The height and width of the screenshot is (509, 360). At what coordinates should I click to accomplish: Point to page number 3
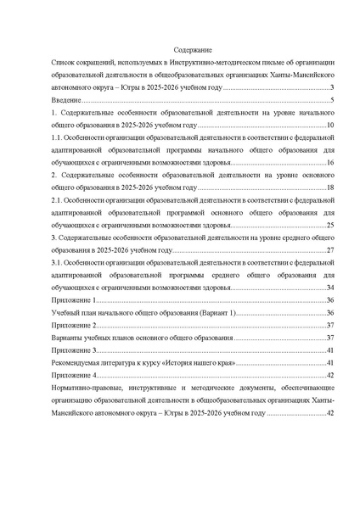[332, 88]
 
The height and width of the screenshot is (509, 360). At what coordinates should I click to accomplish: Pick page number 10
[330, 126]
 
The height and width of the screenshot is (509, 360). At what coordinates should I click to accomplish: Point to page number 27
[330, 251]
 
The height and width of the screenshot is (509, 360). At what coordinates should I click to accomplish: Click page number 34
[330, 288]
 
